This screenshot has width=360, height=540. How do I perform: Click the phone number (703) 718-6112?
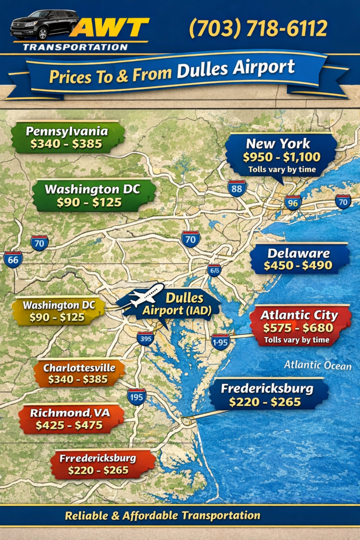point(258,28)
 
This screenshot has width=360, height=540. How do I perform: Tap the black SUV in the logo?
point(44,24)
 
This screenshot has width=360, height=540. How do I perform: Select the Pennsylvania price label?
point(67,137)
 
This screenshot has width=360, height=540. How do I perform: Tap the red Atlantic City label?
point(298,325)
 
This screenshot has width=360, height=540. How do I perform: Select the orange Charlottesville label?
point(79,373)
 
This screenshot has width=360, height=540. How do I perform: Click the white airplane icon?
point(147,295)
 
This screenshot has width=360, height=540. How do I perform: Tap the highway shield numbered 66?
point(13,259)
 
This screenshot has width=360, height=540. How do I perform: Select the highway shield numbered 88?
point(237,188)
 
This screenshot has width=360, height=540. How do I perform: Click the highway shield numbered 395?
point(145,339)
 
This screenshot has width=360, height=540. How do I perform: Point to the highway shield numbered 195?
point(137,396)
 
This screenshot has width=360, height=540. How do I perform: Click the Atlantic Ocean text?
point(317,365)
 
